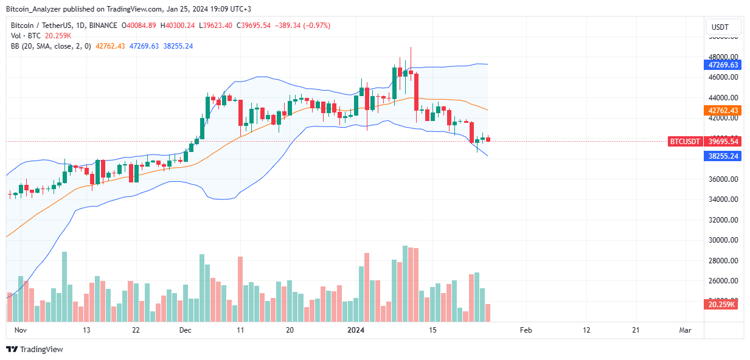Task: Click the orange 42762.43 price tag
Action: tap(722, 110)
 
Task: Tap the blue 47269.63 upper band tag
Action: tap(722, 64)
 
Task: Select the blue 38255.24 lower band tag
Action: tap(722, 156)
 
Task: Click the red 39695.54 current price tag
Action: tap(722, 141)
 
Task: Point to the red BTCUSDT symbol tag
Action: tap(684, 141)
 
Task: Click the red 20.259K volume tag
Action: tap(722, 304)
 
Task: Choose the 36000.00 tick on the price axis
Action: tap(722, 179)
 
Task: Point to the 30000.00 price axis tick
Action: tap(722, 240)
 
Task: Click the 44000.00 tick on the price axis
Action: tap(722, 98)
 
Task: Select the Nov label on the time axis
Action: tap(21, 330)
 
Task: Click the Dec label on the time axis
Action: tap(186, 330)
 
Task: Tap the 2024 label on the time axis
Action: tap(355, 330)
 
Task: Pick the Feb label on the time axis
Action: tap(526, 330)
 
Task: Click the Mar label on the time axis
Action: tap(686, 330)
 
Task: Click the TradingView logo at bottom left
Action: tap(35, 350)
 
